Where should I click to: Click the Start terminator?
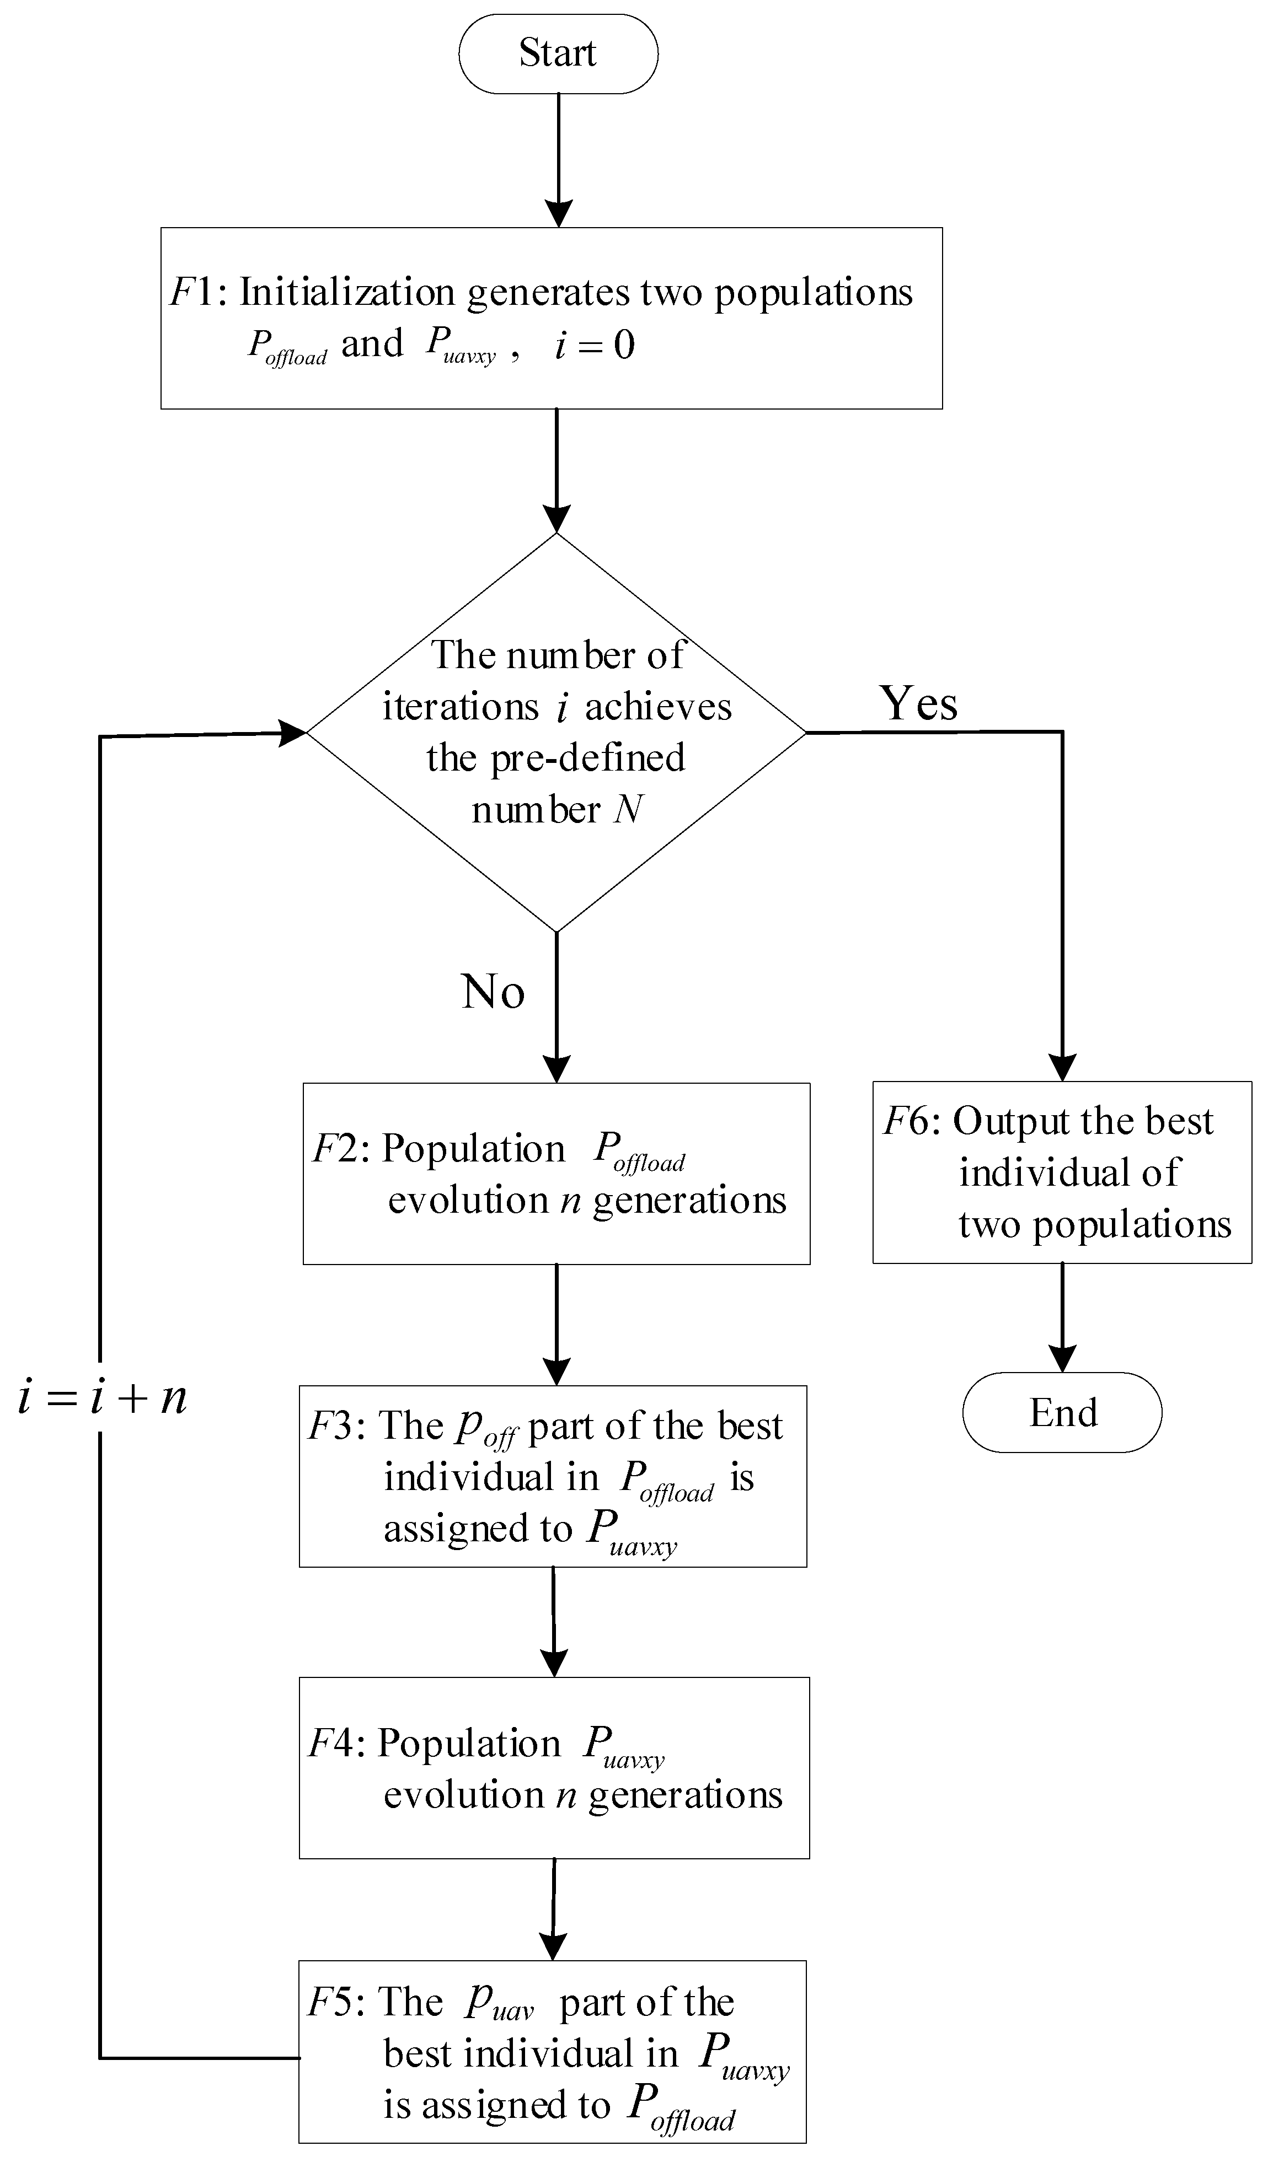pyautogui.click(x=558, y=53)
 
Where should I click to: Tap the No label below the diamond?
pyautogui.click(x=493, y=992)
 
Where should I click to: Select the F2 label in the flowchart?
pyautogui.click(x=336, y=1149)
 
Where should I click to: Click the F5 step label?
pyautogui.click(x=332, y=2001)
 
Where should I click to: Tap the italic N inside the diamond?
pyautogui.click(x=628, y=809)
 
